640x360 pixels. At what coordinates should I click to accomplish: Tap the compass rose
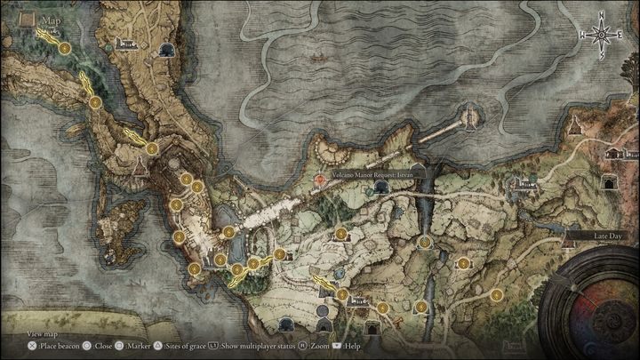pos(603,36)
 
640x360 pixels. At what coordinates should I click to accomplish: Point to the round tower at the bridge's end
pos(469,116)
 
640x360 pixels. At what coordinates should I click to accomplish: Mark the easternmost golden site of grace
pos(496,294)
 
